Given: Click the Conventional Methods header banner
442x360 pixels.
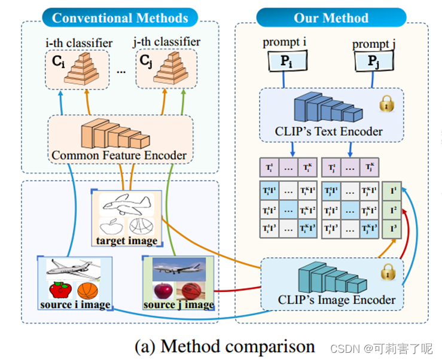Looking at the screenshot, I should point(120,17).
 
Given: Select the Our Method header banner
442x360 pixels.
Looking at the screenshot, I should point(331,17).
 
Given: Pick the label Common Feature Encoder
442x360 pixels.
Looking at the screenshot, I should point(119,155).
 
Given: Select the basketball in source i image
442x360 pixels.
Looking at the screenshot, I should point(88,291).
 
